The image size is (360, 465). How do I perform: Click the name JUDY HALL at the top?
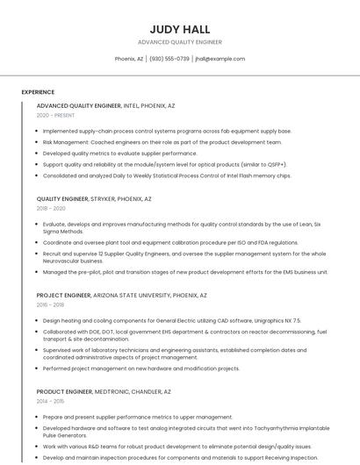coord(179,28)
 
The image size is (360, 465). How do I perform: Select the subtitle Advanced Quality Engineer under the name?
coord(179,42)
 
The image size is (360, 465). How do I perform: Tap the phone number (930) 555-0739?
coord(169,59)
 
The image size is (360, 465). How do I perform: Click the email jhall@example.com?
coord(220,59)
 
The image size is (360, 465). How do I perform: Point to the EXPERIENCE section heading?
coord(38,92)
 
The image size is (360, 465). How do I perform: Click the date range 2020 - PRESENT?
coord(55,116)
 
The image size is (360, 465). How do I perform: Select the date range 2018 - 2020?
coord(51,209)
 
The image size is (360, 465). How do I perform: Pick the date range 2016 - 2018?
coord(50,304)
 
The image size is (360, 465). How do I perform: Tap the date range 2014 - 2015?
coord(50,400)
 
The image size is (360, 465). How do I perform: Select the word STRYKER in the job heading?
coord(104,199)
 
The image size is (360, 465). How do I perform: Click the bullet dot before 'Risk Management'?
coord(38,142)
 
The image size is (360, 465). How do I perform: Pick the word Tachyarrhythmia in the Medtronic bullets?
coord(270,427)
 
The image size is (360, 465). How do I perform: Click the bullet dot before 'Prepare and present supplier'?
coord(38,417)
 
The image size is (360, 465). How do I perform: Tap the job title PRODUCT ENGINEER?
coord(64,390)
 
